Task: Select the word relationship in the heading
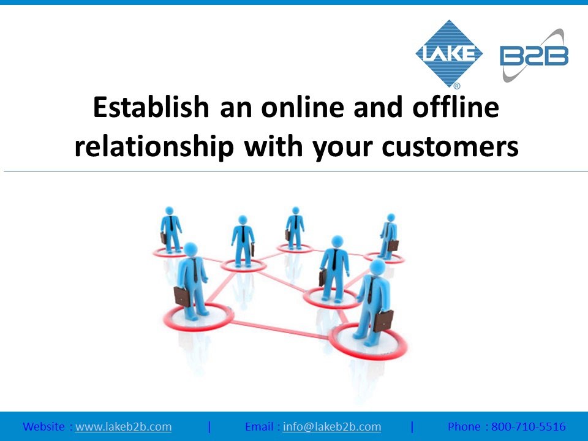coord(154,146)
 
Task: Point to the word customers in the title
coord(450,146)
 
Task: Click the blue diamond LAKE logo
coord(449,53)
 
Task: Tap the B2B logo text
coord(534,56)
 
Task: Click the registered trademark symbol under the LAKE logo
coord(457,86)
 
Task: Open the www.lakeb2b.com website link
coord(123,427)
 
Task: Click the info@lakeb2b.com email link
coord(332,427)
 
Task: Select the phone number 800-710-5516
coord(529,427)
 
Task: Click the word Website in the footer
coord(43,427)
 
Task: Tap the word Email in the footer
coord(259,427)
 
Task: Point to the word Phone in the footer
coord(464,427)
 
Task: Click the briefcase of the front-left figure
coord(183,296)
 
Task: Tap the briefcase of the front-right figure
coord(383,321)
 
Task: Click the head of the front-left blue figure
coord(190,250)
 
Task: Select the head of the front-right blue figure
coord(377,267)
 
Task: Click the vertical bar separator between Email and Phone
coord(412,427)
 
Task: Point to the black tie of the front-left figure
coord(195,271)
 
